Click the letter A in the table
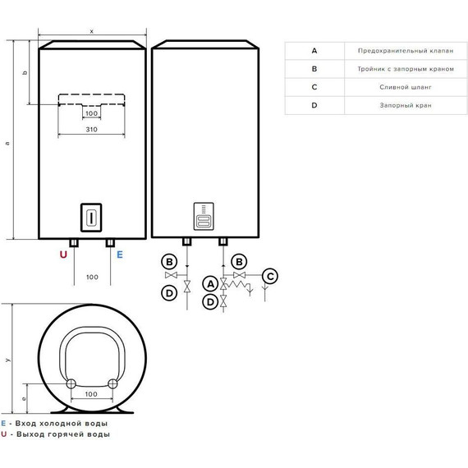click(x=314, y=50)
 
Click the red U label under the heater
click(x=63, y=255)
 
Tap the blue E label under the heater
click(x=120, y=255)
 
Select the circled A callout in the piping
click(x=210, y=283)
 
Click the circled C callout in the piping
click(x=270, y=276)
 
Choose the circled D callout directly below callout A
click(x=210, y=302)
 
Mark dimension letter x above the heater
click(x=92, y=31)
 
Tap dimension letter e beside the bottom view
click(x=24, y=398)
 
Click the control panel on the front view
click(x=91, y=217)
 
